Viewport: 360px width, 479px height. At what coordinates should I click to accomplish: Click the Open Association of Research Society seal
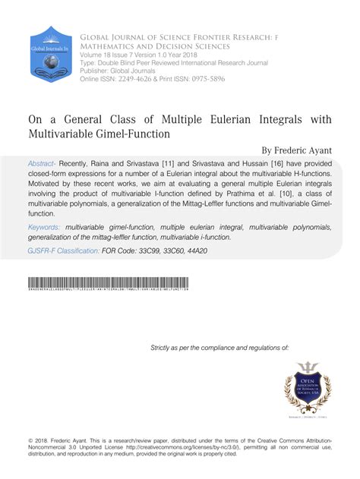[307, 390]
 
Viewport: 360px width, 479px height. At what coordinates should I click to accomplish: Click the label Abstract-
[44, 163]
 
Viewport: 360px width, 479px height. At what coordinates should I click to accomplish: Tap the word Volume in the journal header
[96, 55]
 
